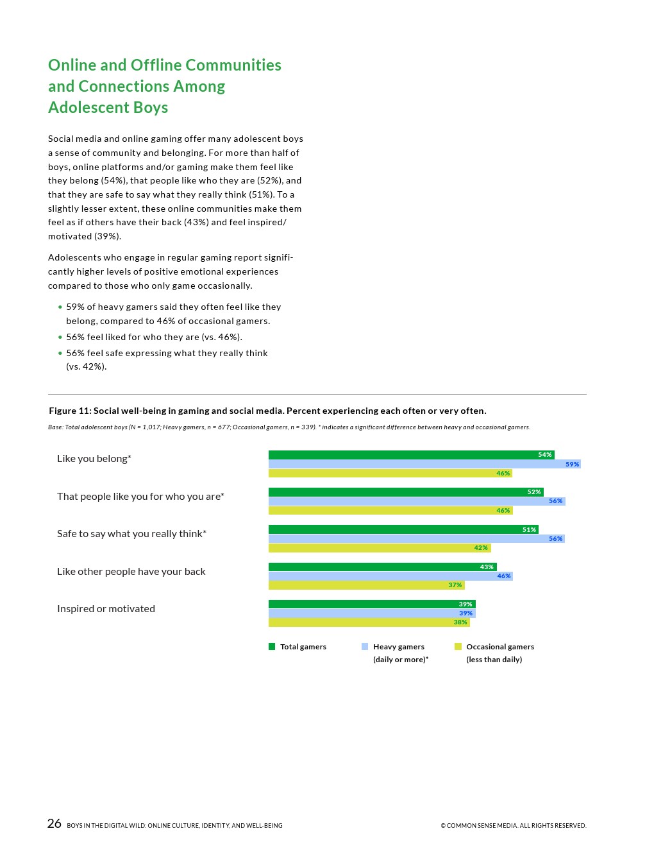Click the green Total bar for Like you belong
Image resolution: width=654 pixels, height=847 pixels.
click(x=410, y=455)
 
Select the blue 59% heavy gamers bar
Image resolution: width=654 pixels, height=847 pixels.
click(x=423, y=464)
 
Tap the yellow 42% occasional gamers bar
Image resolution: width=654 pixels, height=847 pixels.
click(x=378, y=548)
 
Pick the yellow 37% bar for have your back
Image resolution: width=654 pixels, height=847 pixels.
click(x=365, y=585)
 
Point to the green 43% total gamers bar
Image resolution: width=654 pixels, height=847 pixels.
click(x=382, y=567)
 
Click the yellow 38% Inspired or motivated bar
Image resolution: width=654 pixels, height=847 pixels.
click(x=369, y=622)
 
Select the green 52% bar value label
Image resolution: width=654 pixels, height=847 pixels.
click(x=534, y=492)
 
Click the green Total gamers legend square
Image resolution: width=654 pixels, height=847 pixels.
click(x=272, y=647)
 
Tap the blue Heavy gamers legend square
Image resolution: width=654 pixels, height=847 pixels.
click(x=365, y=647)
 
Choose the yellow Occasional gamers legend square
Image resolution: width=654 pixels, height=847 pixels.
click(x=458, y=647)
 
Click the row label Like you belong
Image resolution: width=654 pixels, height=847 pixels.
click(x=94, y=459)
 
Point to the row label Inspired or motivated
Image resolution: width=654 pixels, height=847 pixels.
click(x=106, y=609)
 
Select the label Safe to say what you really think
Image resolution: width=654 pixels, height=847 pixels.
click(x=131, y=534)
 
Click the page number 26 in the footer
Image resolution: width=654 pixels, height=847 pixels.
click(x=55, y=824)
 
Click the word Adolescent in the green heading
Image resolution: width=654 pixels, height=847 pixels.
click(x=80, y=108)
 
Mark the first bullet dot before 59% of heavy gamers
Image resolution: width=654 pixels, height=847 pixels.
click(x=60, y=307)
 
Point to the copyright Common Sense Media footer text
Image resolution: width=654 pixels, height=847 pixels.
click(x=513, y=826)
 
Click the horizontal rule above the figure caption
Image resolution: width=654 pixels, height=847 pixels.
click(x=317, y=394)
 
